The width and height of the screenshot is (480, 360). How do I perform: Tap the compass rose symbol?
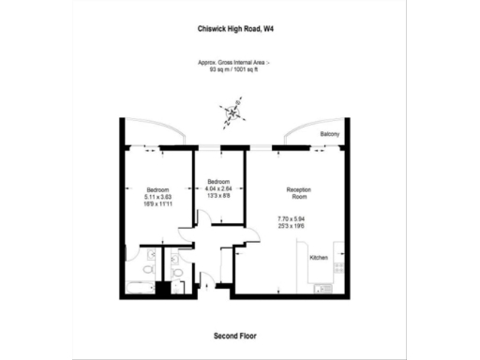232,114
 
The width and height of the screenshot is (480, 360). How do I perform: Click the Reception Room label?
298,194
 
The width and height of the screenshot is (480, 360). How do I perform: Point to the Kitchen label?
319,257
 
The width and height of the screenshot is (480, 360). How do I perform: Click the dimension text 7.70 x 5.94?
298,218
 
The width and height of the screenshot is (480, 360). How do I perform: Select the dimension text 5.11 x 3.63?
157,197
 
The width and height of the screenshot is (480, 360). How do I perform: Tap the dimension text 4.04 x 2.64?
218,187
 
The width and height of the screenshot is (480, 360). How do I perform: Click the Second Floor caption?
235,335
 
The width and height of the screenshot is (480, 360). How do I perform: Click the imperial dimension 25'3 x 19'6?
298,226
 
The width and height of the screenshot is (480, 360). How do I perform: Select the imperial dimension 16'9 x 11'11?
157,204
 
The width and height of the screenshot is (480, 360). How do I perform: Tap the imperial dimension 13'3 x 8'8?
218,195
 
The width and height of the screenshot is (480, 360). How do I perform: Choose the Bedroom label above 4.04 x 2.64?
218,180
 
